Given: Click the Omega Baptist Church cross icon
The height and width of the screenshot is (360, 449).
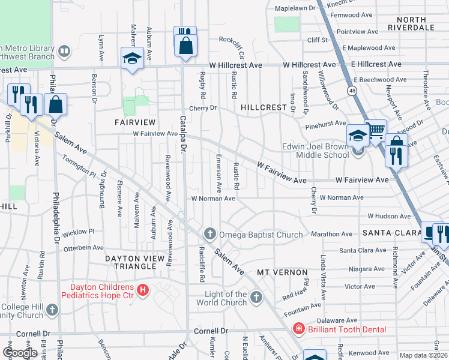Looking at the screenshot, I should pos(209,233).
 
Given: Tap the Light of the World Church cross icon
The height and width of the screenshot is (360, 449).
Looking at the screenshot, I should pos(256,297).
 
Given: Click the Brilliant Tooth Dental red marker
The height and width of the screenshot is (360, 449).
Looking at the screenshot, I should pos(298,329).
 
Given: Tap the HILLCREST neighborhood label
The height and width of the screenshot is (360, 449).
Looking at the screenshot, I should pos(264,107).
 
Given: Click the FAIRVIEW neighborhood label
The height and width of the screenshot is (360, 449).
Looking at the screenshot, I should pos(136,122).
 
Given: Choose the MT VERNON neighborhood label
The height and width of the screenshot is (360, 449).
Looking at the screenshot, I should pos(282,272).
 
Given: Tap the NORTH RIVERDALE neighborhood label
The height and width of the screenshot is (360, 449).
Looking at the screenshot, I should pos(411,23).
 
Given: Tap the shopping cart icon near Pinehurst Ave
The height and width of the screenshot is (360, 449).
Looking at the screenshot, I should pos(376,130).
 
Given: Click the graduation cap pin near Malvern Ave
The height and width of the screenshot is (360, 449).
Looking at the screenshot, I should pos(132,58).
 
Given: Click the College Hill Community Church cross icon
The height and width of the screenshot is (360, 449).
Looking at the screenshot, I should pos(52,310).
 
